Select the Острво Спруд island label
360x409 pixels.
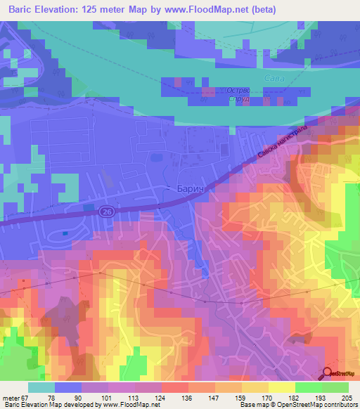pyautogui.click(x=239, y=95)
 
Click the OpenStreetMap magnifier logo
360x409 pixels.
pyautogui.click(x=329, y=373)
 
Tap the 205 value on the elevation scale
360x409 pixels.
pyautogui.click(x=347, y=398)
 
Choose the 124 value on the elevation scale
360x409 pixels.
pyautogui.click(x=162, y=398)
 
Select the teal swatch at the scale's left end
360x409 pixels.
pyautogui.click(x=41, y=387)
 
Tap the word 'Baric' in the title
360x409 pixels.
pyautogui.click(x=24, y=10)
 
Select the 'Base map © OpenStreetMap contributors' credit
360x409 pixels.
pyautogui.click(x=298, y=405)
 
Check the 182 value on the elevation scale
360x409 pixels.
pyautogui.click(x=294, y=398)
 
